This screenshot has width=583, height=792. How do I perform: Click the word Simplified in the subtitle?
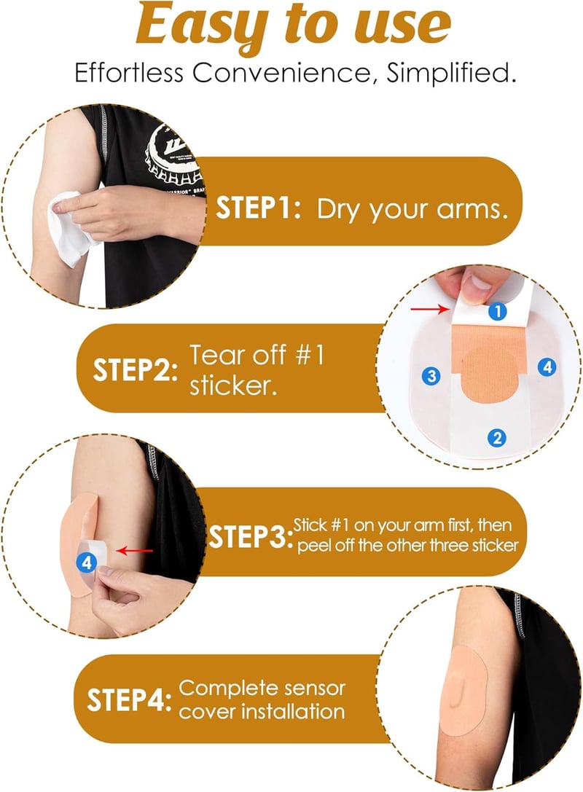pyautogui.click(x=451, y=73)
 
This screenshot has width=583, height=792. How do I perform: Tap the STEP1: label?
pyautogui.click(x=258, y=207)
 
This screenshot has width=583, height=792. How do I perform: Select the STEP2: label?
pyautogui.click(x=136, y=369)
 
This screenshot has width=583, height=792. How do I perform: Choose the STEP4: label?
pyautogui.click(x=129, y=700)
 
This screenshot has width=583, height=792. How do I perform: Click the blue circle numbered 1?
pyautogui.click(x=498, y=311)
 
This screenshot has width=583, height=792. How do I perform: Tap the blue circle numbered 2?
pyautogui.click(x=497, y=437)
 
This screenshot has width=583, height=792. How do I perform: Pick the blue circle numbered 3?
pyautogui.click(x=431, y=376)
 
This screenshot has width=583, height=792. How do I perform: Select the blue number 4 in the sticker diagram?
pyautogui.click(x=547, y=366)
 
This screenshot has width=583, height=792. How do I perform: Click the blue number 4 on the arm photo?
pyautogui.click(x=87, y=562)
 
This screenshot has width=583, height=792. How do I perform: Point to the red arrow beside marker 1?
pyautogui.click(x=429, y=308)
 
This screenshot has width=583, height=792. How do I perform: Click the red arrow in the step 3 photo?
pyautogui.click(x=134, y=551)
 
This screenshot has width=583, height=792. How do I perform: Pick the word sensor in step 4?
pyautogui.click(x=314, y=688)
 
